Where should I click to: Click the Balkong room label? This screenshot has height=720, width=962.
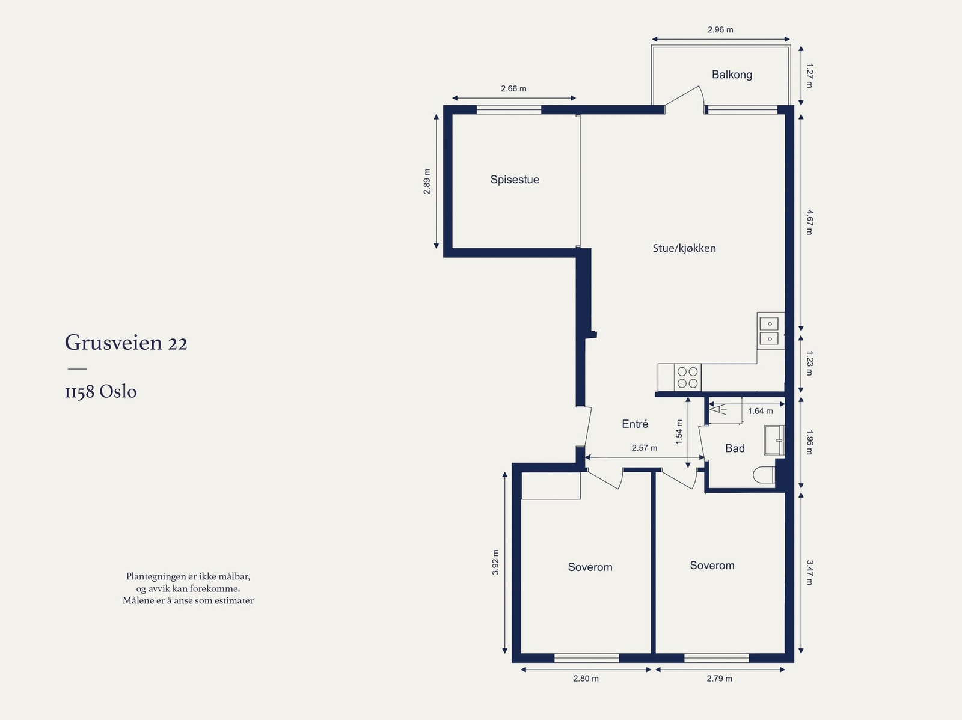pos(732,75)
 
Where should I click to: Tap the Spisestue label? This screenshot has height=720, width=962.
pos(515,180)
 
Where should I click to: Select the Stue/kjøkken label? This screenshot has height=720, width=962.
pos(684,248)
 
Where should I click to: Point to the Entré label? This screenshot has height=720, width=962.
pos(635,424)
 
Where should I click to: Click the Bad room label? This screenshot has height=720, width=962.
pos(735,448)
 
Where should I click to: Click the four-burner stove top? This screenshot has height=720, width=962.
pos(687,377)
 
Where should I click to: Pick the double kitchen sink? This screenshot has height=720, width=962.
pos(769,331)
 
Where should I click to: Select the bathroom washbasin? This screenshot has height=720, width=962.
pos(774,440)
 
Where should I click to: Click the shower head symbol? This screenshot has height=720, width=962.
pos(718,410)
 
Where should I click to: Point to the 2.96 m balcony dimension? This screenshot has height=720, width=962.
pos(720,30)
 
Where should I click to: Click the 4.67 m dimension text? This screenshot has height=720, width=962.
pos(809,222)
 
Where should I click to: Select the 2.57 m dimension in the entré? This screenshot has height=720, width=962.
pos(645,448)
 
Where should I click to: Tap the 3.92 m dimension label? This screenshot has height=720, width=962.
pos(495,562)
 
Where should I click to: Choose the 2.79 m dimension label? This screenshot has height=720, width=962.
pos(719,679)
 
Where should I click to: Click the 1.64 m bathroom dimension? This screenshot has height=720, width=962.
pos(761,411)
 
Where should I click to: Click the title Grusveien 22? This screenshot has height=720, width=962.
pos(126,343)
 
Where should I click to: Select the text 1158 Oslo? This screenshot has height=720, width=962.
pos(101,391)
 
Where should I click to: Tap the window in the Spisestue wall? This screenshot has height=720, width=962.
pos(509,109)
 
